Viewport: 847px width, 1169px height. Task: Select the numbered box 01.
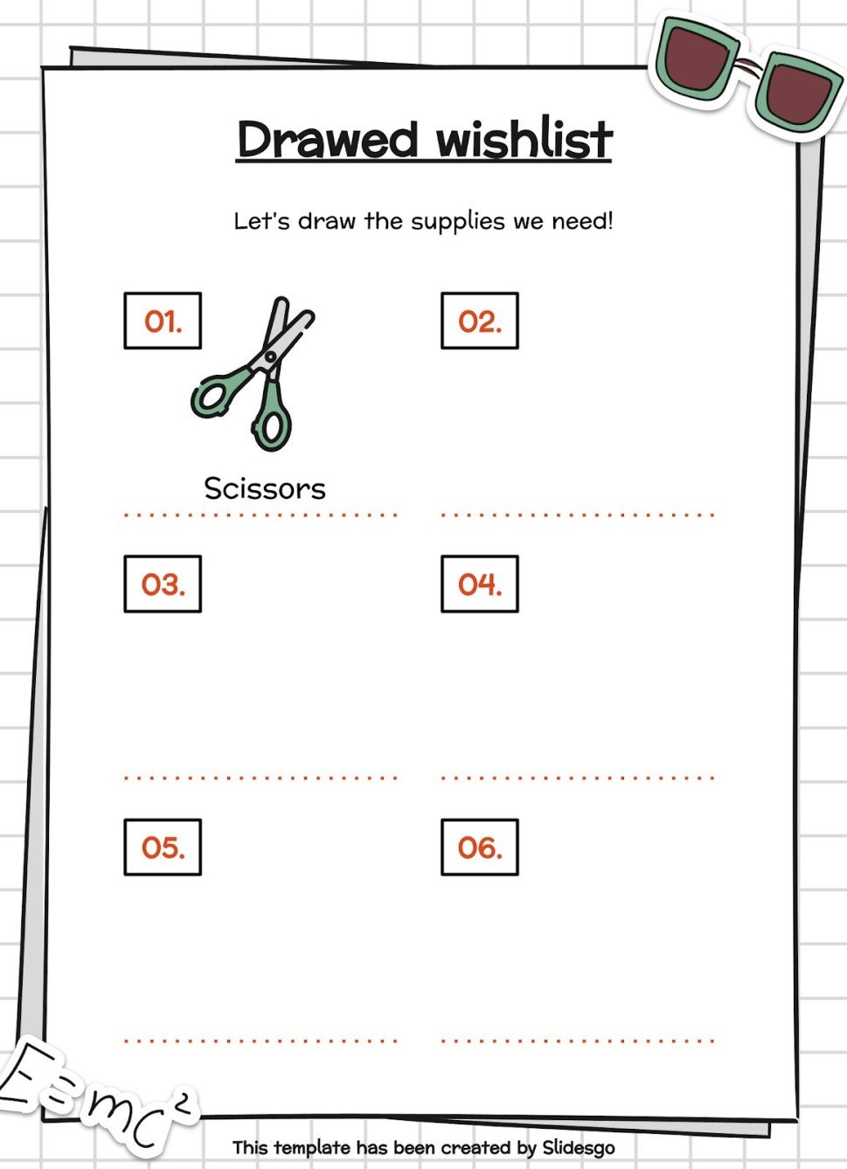pos(163,321)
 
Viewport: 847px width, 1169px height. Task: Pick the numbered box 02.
pos(480,321)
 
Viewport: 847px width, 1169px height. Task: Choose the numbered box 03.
pos(163,584)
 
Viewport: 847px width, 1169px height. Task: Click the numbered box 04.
pos(480,584)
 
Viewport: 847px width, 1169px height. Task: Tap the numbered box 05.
pos(163,847)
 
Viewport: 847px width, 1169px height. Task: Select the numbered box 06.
pos(480,847)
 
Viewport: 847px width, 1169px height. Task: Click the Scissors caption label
pos(265,488)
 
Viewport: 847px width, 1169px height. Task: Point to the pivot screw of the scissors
pos(269,356)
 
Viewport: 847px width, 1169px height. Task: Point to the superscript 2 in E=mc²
pos(182,1104)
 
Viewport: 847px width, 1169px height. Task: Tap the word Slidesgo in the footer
pos(578,1147)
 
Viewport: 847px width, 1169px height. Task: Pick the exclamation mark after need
pos(609,220)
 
